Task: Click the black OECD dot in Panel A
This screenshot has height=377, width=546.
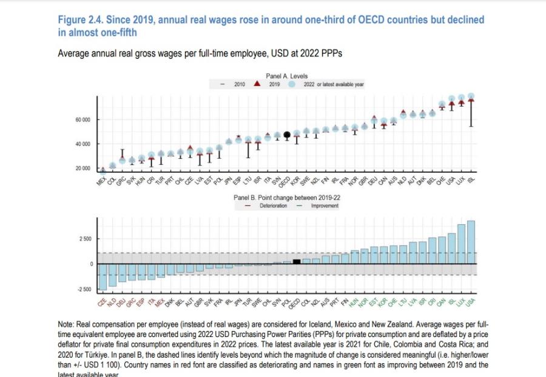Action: click(287, 135)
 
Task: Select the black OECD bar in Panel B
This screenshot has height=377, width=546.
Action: click(297, 261)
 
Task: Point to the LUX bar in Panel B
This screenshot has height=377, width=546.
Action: click(461, 244)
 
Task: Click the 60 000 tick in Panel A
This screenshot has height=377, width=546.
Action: click(83, 120)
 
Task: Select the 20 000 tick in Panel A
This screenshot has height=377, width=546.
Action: click(83, 168)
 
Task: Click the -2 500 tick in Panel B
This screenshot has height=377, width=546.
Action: click(84, 289)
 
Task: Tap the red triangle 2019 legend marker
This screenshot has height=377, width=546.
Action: click(257, 84)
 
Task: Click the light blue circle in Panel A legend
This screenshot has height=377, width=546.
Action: click(292, 85)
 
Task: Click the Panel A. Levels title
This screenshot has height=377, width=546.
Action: click(287, 76)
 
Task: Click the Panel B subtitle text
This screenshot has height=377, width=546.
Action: click(287, 198)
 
